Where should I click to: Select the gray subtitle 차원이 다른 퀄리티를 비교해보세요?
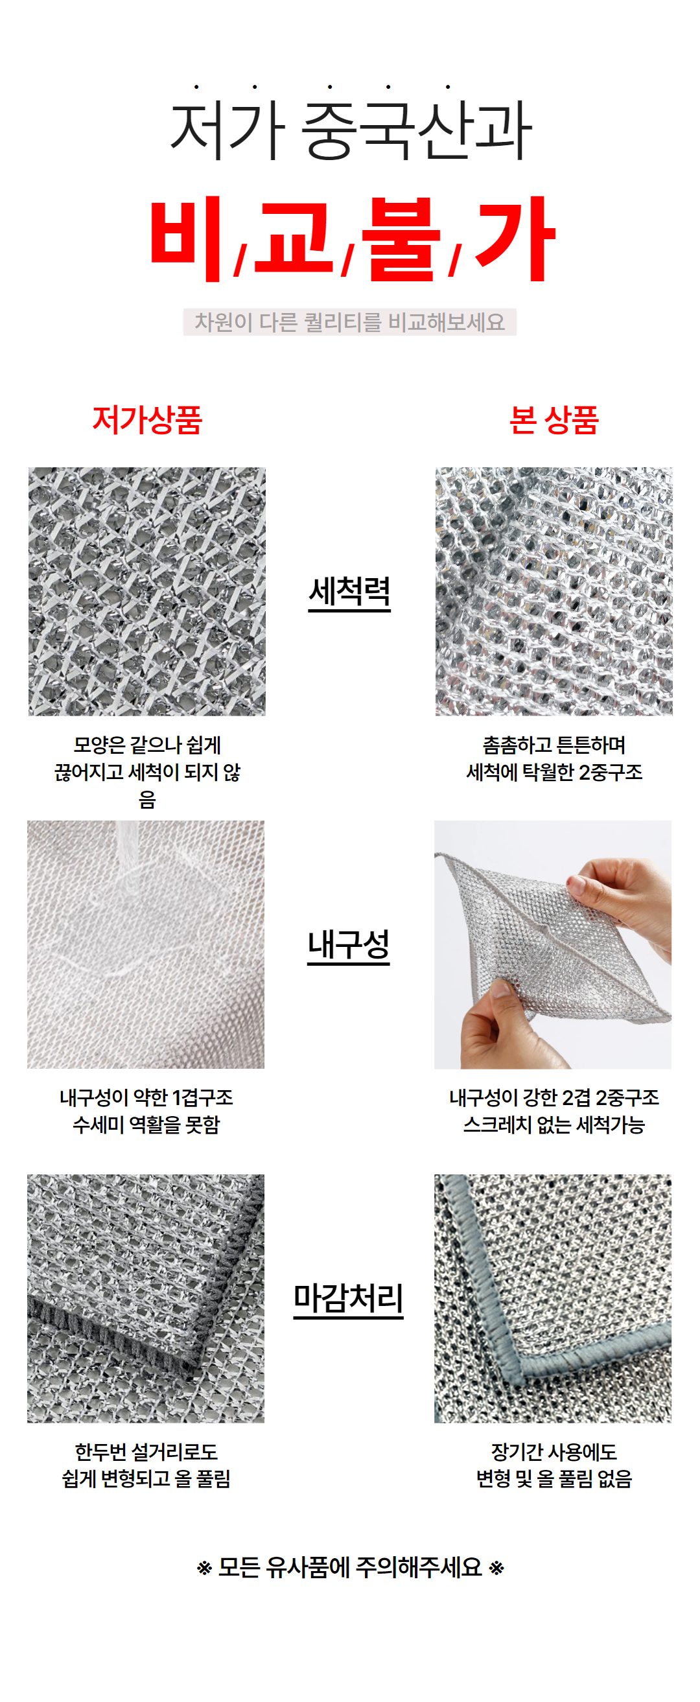pyautogui.click(x=349, y=321)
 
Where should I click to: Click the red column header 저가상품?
pyautogui.click(x=146, y=419)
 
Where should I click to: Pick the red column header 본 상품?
pyautogui.click(x=554, y=419)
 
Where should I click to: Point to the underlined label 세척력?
pyautogui.click(x=349, y=591)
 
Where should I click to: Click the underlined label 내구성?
pyautogui.click(x=348, y=945)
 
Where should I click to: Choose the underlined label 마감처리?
pyautogui.click(x=348, y=1298)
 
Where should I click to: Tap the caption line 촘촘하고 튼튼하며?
pyautogui.click(x=554, y=745)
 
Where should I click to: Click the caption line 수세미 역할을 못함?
pyautogui.click(x=146, y=1125)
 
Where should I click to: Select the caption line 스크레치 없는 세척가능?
pyautogui.click(x=554, y=1125)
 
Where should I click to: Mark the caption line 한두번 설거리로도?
pyautogui.click(x=146, y=1452)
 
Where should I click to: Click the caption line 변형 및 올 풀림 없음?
pyautogui.click(x=554, y=1478)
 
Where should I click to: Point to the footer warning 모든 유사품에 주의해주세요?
pyautogui.click(x=351, y=1567)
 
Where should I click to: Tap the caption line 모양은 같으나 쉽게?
pyautogui.click(x=146, y=745)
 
